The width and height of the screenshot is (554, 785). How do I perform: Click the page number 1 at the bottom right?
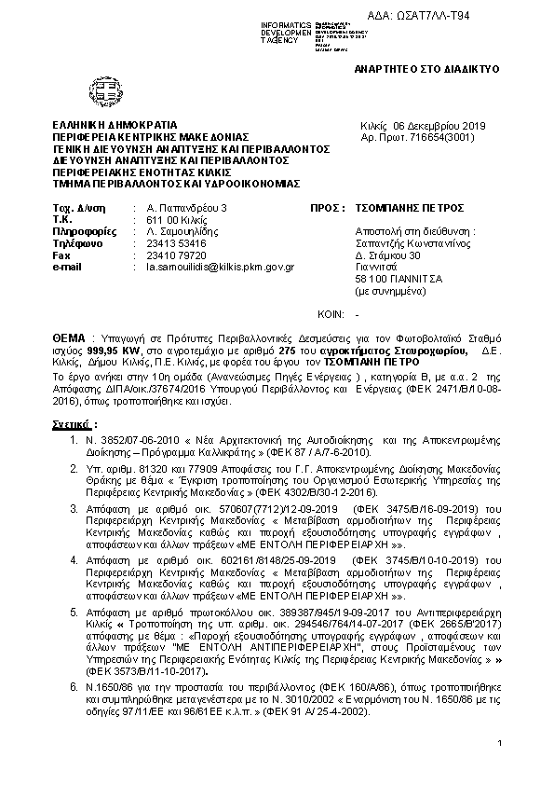[x=499, y=743]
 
